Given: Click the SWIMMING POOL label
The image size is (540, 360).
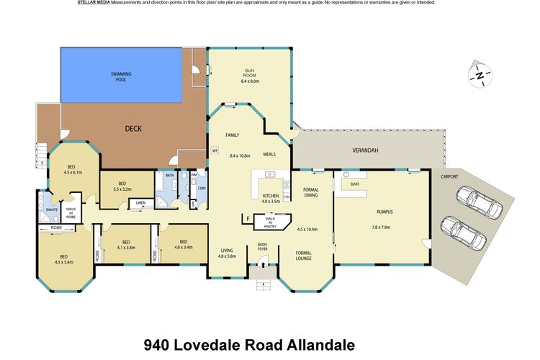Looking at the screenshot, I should pyautogui.click(x=121, y=76).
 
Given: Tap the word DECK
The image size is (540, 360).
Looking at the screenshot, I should pyautogui.click(x=133, y=129).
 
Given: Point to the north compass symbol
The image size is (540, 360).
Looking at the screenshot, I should pyautogui.click(x=479, y=73).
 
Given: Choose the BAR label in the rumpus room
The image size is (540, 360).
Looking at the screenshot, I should pyautogui.click(x=354, y=185).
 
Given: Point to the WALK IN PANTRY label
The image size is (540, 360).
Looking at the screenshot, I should pyautogui.click(x=270, y=221).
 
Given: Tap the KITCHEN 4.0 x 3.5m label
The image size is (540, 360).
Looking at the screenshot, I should pyautogui.click(x=271, y=199).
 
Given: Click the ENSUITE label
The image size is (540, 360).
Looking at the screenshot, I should pyautogui.click(x=52, y=210).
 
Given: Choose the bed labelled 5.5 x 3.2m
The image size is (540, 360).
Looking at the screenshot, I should pyautogui.click(x=122, y=186).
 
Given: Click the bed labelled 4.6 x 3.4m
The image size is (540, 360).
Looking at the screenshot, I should pyautogui.click(x=183, y=245).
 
